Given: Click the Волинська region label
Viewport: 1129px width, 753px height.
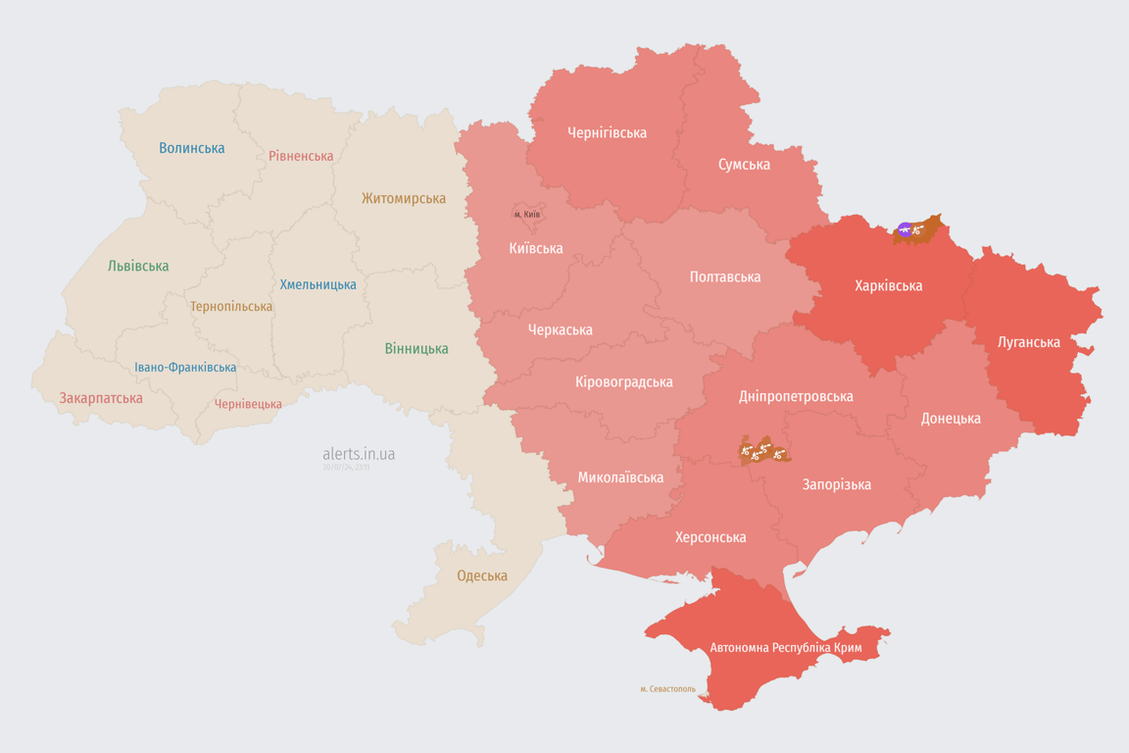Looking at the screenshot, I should pos(192,148).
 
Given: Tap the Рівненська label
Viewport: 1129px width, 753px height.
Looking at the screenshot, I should pos(301,156).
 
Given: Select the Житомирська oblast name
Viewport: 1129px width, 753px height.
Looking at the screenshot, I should pos(404,198).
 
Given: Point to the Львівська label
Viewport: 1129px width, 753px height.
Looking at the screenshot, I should pos(138,266).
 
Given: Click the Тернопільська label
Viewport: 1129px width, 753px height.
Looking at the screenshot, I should pos(231,306).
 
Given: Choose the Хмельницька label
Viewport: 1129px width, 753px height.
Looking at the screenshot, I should pos(319,284).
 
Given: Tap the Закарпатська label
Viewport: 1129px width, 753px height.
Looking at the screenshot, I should pos(101,398).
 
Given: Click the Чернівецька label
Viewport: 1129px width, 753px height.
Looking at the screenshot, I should pos(248,404).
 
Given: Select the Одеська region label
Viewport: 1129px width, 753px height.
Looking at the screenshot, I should pos(482,576).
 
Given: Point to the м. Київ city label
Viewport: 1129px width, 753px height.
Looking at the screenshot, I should pos(527,214).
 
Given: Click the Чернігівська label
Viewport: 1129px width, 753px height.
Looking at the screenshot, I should pos(607,132).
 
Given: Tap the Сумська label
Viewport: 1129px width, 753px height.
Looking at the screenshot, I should pos(744,164).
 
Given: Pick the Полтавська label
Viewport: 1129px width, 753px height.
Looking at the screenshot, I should pos(725,276).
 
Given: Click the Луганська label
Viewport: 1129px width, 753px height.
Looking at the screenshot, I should pos(1029,342).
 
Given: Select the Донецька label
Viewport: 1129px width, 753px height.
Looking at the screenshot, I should pos(951,418).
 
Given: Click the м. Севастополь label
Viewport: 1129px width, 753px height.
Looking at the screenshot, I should pos(667,689).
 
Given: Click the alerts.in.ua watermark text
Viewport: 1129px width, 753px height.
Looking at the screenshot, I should pos(359,454).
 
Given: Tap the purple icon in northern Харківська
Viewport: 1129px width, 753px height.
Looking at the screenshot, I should pos(905,229).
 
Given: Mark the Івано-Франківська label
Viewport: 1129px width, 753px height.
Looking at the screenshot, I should pos(185,368).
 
